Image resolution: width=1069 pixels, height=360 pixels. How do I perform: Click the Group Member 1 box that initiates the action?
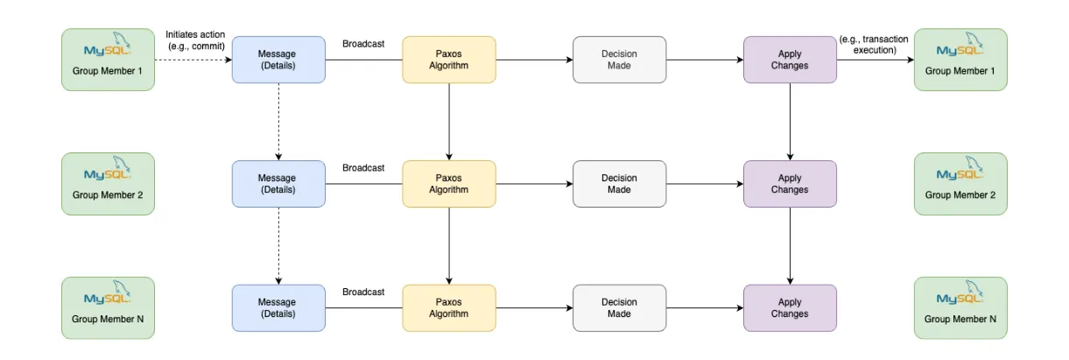(108, 60)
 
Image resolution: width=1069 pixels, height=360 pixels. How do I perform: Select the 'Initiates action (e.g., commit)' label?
(195, 40)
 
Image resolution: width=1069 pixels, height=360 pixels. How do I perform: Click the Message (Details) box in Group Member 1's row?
(278, 60)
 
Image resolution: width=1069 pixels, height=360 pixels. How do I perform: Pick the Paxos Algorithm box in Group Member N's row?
(448, 308)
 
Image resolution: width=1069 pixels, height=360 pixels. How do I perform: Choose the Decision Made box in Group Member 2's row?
(619, 184)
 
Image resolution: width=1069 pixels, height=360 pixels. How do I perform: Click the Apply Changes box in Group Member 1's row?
(790, 60)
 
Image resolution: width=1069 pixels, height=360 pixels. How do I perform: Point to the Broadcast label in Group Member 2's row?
(363, 168)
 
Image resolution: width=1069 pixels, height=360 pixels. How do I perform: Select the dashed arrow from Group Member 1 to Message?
(193, 60)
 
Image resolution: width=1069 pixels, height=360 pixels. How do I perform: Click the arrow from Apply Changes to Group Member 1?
(875, 60)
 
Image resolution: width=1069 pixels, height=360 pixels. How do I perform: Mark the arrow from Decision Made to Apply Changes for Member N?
(704, 308)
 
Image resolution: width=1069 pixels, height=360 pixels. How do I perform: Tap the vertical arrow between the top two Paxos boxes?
(448, 122)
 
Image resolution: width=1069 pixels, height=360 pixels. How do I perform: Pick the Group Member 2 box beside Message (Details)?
(108, 184)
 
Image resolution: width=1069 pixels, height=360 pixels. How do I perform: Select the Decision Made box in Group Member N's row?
(619, 308)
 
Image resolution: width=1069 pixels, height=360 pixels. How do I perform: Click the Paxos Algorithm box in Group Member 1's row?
(448, 60)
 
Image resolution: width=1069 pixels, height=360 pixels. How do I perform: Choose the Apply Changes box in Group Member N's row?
(790, 308)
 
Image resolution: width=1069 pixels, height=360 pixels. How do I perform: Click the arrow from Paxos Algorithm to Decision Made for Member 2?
(533, 184)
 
